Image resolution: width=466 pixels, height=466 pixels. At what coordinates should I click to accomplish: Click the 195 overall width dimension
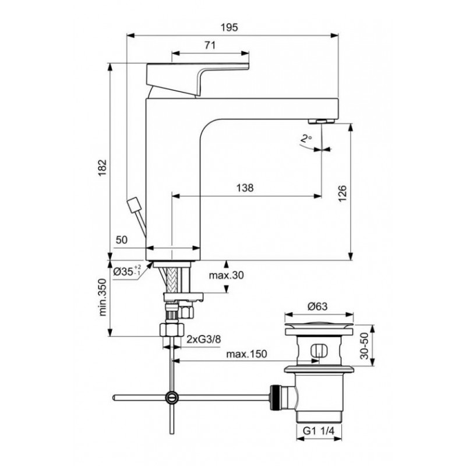point(230,27)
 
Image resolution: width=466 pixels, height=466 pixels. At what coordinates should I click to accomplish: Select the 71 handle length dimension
point(210,45)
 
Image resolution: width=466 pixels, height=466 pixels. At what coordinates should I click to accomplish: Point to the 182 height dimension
point(103,168)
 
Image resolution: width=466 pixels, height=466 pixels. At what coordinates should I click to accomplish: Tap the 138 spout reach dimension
point(245,188)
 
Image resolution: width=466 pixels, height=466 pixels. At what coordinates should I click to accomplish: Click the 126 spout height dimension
point(343,193)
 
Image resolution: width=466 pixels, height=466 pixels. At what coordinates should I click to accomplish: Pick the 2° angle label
point(306,139)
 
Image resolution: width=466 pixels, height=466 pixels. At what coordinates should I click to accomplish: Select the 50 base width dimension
point(121,240)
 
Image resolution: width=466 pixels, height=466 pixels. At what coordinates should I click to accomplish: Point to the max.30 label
point(226,275)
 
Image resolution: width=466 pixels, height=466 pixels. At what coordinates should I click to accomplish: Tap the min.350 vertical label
point(103,297)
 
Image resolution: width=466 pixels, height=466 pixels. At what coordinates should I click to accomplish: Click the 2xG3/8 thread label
point(203,339)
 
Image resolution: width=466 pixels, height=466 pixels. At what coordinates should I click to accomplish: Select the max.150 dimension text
point(246,354)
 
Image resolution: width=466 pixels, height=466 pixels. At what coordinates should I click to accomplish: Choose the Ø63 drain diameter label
point(317,306)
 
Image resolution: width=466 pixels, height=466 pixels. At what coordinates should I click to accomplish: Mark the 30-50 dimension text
point(364,346)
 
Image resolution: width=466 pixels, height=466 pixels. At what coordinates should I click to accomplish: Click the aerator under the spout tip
point(322,121)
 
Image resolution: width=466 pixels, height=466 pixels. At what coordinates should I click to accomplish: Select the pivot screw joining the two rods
point(172,397)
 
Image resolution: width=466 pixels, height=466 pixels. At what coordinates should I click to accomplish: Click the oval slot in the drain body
point(319,350)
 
